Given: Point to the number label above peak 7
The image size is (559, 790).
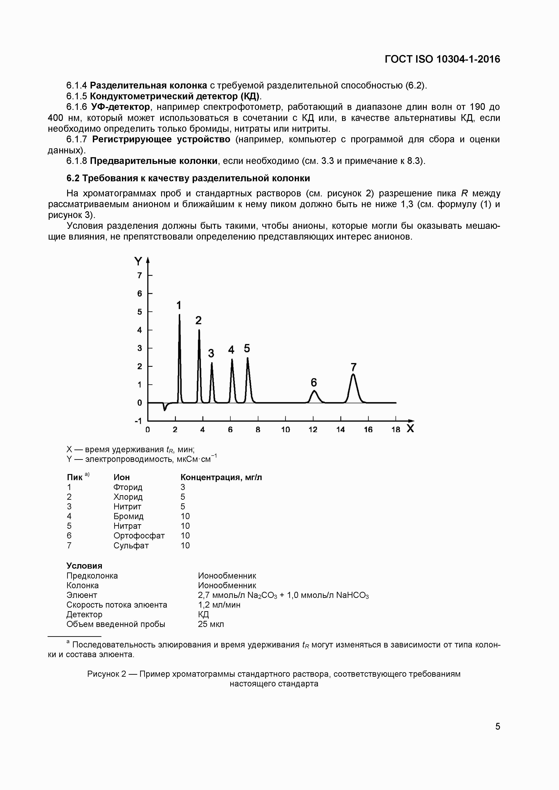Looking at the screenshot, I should pyautogui.click(x=354, y=367).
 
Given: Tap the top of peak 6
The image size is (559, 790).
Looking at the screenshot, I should pyautogui.click(x=314, y=391).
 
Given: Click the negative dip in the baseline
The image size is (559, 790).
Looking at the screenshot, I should pyautogui.click(x=164, y=409).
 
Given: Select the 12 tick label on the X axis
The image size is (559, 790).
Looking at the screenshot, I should pyautogui.click(x=313, y=429).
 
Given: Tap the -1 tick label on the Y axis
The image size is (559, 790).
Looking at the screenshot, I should pyautogui.click(x=138, y=421).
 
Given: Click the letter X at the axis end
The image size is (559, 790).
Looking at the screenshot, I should pyautogui.click(x=410, y=429).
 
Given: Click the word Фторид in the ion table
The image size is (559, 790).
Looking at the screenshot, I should pyautogui.click(x=128, y=487).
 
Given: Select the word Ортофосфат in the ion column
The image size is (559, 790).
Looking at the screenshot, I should pyautogui.click(x=139, y=536).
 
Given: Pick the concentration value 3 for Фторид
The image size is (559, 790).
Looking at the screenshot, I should pyautogui.click(x=183, y=487).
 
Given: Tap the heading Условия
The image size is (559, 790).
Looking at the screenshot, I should pyautogui.click(x=84, y=566).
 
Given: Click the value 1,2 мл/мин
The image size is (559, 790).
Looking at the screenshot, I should pyautogui.click(x=219, y=605).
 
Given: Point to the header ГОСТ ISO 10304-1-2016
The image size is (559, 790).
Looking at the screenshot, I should pyautogui.click(x=442, y=59).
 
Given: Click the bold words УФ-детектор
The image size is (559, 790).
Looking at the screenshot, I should pyautogui.click(x=121, y=107).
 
